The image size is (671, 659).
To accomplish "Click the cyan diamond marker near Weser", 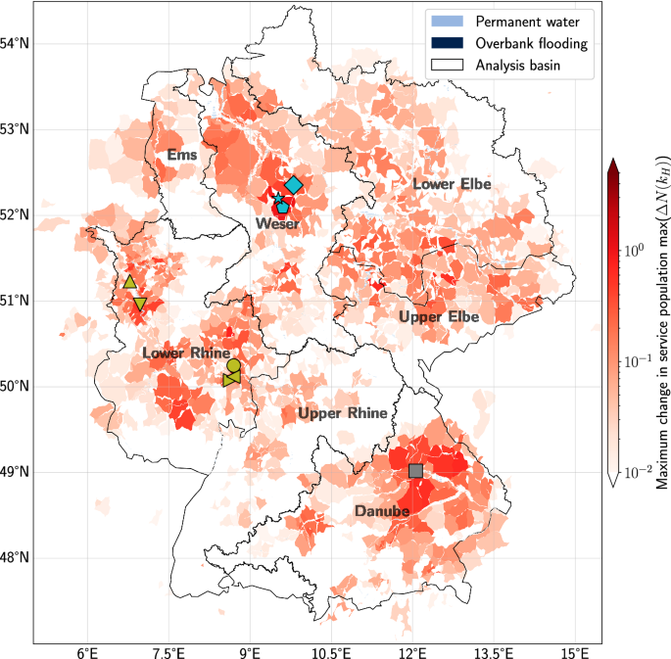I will tap(294, 185).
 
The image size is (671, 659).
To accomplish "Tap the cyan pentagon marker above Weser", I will tap(282, 207).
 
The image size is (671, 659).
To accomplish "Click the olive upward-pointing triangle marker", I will tap(129, 282).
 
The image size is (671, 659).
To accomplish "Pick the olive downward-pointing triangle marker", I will tap(140, 305).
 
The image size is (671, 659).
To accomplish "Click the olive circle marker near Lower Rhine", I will tap(233, 366).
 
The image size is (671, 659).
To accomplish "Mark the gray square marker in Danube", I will tap(415, 471).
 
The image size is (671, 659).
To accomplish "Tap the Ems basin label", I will tap(182, 155).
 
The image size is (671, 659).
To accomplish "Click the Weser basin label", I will tap(277, 224).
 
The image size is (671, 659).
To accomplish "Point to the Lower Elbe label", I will tap(452, 184).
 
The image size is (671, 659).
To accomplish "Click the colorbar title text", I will tap(662, 322).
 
